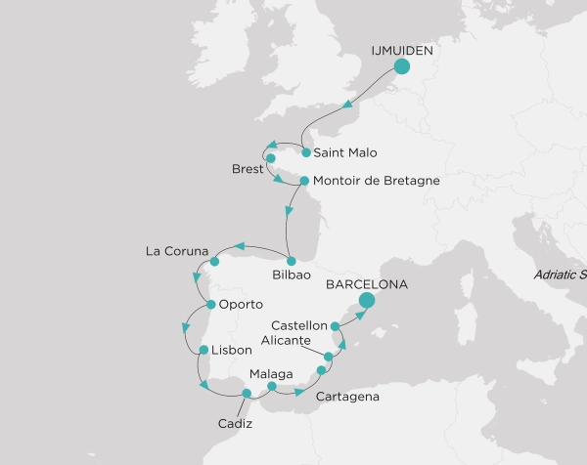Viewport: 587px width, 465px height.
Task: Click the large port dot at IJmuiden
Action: pyautogui.click(x=402, y=66)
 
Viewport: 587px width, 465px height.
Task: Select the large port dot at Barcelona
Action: pyautogui.click(x=367, y=301)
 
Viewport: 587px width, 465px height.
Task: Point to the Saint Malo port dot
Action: pyautogui.click(x=307, y=152)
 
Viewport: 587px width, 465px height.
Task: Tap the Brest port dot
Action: pyautogui.click(x=271, y=158)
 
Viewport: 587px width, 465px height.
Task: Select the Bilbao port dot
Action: pyautogui.click(x=292, y=260)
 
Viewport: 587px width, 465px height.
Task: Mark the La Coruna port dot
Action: pyautogui.click(x=214, y=262)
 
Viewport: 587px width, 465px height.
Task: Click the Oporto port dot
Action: pyautogui.click(x=210, y=306)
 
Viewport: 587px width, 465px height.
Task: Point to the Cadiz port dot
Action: pyautogui.click(x=247, y=393)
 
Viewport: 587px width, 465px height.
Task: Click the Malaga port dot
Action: pyautogui.click(x=272, y=386)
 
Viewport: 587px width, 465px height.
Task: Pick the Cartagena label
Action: pyautogui.click(x=346, y=398)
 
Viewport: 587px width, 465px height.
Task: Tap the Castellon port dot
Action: pyautogui.click(x=335, y=325)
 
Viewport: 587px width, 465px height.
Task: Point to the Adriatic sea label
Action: pyautogui.click(x=560, y=275)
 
